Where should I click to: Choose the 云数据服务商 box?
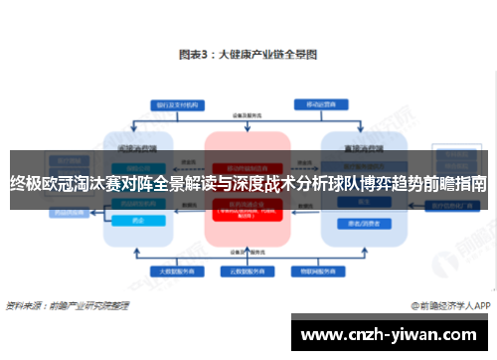click(x=248, y=271)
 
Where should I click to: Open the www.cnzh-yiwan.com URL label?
click(x=392, y=333)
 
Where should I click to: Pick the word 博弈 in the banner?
click(x=365, y=183)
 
